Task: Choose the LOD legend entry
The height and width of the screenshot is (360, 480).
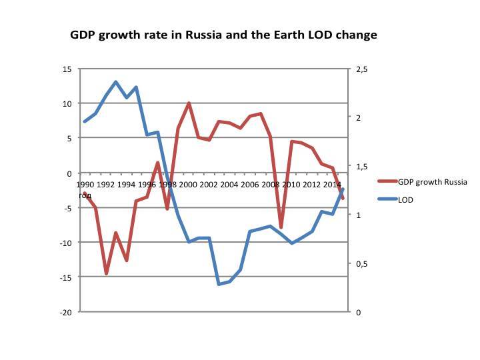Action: coord(406,199)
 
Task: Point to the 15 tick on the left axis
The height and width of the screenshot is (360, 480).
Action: coord(67,69)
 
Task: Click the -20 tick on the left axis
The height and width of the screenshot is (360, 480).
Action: coord(65,312)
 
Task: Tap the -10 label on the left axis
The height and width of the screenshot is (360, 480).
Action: coord(65,243)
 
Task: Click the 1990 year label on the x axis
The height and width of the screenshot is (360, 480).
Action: coord(85,184)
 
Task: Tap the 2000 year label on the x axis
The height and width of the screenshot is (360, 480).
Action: coord(188,184)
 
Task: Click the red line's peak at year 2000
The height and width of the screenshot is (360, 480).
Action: coord(189,103)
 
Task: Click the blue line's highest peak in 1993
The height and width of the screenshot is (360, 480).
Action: coord(115,82)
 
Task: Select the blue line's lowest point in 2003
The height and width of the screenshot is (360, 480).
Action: coord(219,284)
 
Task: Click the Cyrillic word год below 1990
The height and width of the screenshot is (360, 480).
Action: coord(85,195)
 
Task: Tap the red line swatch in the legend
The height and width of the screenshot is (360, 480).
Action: coord(387,182)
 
